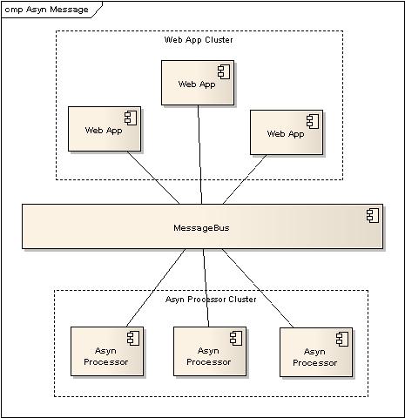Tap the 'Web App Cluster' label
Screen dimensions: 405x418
pyautogui.click(x=199, y=40)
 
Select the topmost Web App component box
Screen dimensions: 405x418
pyautogui.click(x=198, y=83)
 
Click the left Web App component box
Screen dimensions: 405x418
pyautogui.click(x=105, y=129)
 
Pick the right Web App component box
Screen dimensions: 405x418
pyautogui.click(x=287, y=132)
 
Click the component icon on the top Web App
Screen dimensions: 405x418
pyautogui.click(x=224, y=71)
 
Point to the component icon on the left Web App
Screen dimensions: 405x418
pyautogui.click(x=131, y=118)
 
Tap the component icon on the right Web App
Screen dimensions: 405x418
pyautogui.click(x=313, y=122)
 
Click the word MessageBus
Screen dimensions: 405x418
pyautogui.click(x=201, y=228)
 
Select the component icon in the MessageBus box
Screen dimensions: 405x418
pyautogui.click(x=373, y=216)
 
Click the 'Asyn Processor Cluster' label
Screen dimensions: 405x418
pyautogui.click(x=211, y=300)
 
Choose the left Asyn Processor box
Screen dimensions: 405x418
pyautogui.click(x=107, y=352)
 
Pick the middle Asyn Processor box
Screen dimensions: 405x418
pyautogui.click(x=210, y=352)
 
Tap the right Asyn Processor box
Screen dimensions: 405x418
pyautogui.click(x=316, y=353)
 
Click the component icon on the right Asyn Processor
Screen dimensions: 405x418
pyautogui.click(x=342, y=340)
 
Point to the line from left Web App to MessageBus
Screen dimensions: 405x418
pyautogui.click(x=153, y=178)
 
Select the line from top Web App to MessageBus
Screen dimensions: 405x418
pyautogui.click(x=200, y=154)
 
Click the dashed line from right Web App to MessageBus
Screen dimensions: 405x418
pyautogui.click(x=245, y=179)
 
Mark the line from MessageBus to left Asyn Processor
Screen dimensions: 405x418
pyautogui.click(x=156, y=288)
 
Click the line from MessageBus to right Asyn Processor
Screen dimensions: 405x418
pyautogui.click(x=258, y=288)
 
